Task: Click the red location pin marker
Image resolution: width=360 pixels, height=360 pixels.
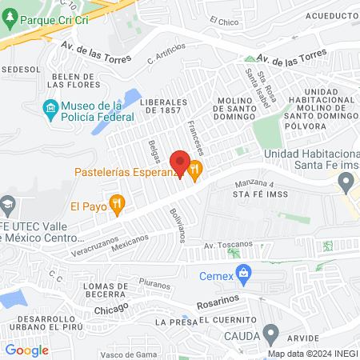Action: (x=181, y=162)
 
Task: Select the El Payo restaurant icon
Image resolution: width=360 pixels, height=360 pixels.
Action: (x=118, y=205)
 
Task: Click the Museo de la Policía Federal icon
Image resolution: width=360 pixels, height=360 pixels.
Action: (x=50, y=107)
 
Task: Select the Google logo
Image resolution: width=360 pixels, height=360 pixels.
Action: (x=26, y=350)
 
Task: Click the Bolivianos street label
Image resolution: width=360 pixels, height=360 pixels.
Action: (x=177, y=225)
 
